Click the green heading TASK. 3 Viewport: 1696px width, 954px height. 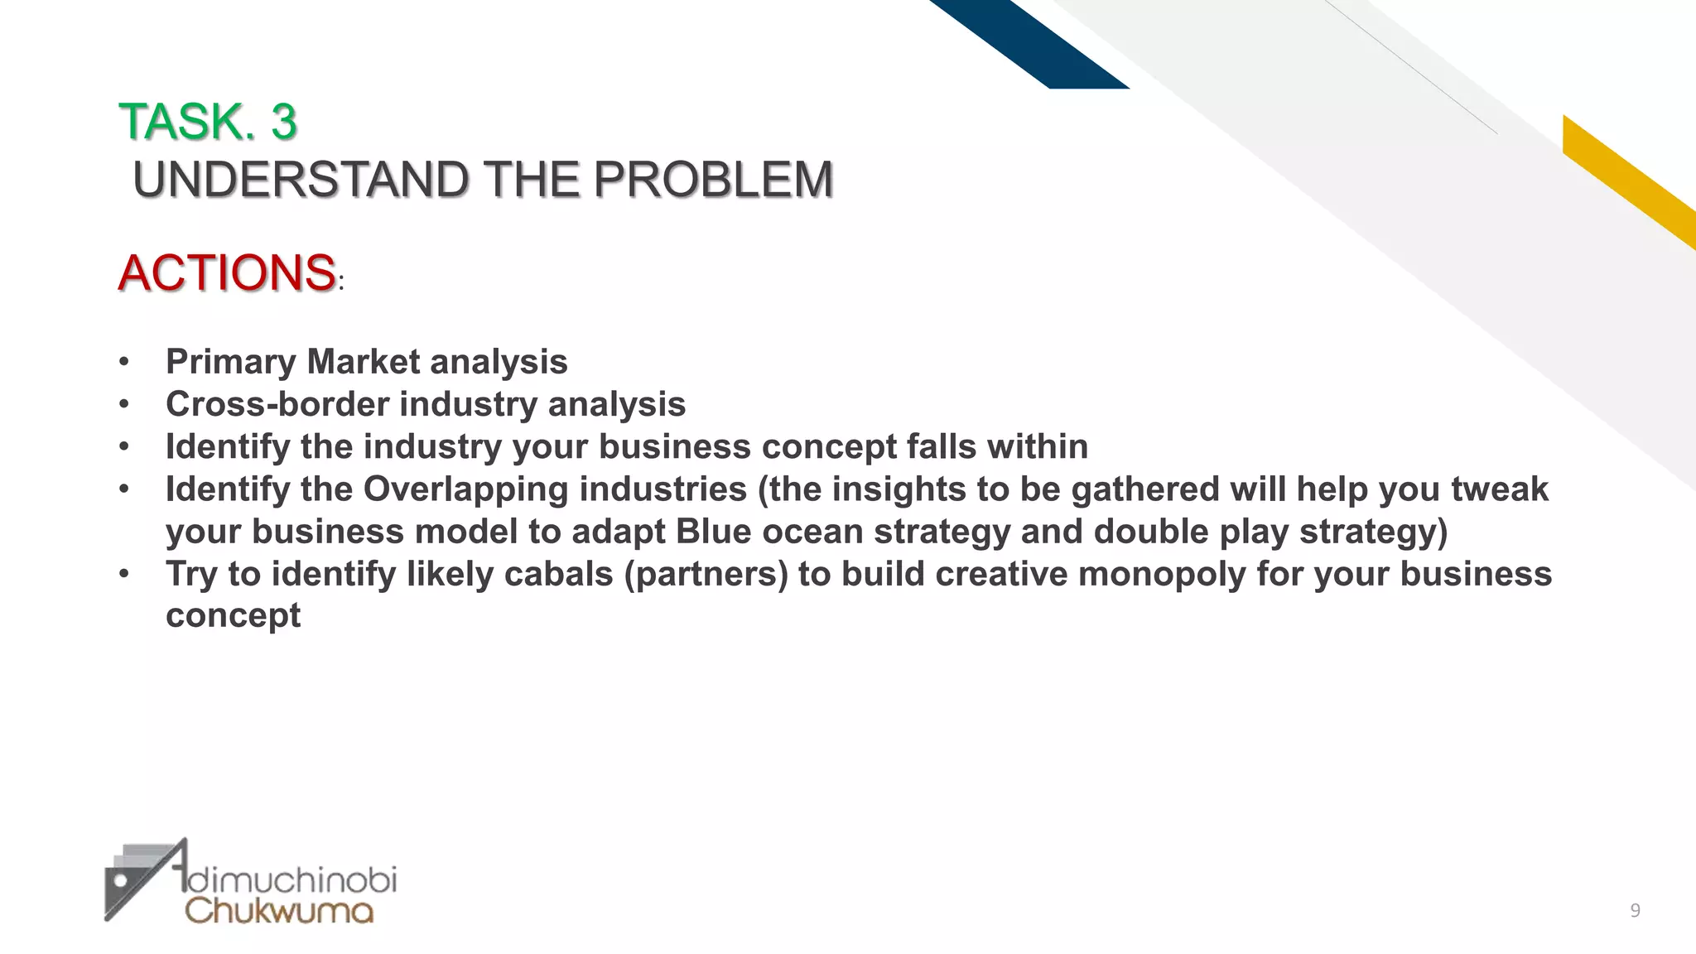click(x=207, y=122)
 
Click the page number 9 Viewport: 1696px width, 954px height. click(x=1635, y=912)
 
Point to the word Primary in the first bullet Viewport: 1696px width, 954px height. click(x=231, y=362)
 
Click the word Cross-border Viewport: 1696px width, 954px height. click(x=277, y=404)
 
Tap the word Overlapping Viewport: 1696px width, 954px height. click(x=465, y=489)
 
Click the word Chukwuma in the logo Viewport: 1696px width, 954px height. click(x=279, y=910)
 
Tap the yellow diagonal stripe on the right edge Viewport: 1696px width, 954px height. click(x=1627, y=178)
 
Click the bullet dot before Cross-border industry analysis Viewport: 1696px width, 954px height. click(x=124, y=404)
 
